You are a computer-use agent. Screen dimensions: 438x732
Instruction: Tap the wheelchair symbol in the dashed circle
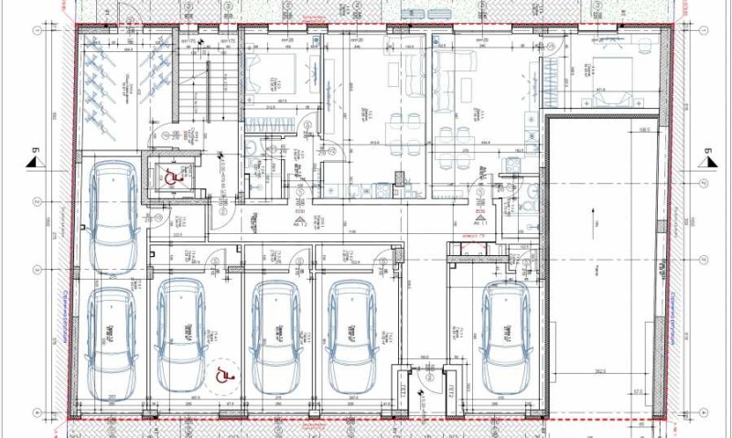coord(221,374)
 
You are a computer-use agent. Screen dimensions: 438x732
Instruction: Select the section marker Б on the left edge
coord(33,157)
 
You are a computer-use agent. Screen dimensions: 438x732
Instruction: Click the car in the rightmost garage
coord(506,335)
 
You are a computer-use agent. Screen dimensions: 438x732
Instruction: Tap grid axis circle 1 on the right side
coord(695,30)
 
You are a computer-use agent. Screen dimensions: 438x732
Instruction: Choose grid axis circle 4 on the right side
coord(695,411)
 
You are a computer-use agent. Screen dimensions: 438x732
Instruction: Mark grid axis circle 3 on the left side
coord(37,270)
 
